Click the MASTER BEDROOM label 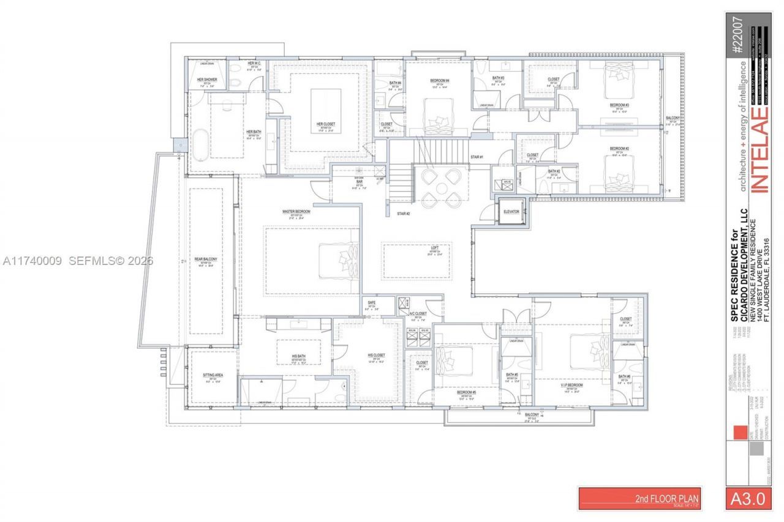[x=296, y=212]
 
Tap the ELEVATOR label [x=511, y=212]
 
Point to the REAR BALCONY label [x=206, y=259]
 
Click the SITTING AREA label [x=212, y=375]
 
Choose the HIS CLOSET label [x=376, y=356]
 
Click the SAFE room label [x=372, y=303]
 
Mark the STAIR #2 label [x=402, y=214]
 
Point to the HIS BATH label [x=298, y=356]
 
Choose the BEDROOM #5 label [x=466, y=393]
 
